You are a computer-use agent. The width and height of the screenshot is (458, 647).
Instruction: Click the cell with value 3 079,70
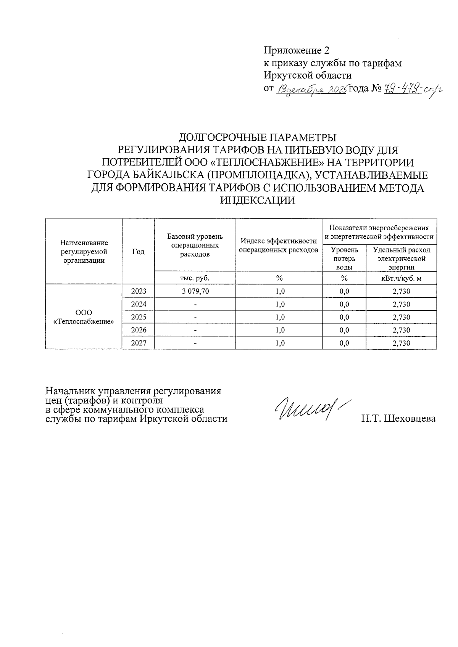click(x=195, y=291)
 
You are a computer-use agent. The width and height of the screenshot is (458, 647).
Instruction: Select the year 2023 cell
click(x=139, y=291)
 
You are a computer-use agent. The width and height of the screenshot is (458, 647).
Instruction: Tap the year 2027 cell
click(x=139, y=343)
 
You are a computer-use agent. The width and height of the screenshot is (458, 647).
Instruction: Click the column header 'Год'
click(x=138, y=251)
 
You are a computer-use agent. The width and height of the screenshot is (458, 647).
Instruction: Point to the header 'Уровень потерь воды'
click(x=344, y=258)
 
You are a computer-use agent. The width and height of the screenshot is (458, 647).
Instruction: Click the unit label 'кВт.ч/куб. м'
click(x=401, y=278)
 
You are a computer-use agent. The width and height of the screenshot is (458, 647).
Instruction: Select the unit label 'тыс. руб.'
click(x=195, y=278)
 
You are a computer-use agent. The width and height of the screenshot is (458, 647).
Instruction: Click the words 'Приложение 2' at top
click(x=296, y=50)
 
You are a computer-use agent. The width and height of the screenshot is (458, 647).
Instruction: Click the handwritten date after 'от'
click(x=311, y=90)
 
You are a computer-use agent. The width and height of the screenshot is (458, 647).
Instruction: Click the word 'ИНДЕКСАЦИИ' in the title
click(x=258, y=200)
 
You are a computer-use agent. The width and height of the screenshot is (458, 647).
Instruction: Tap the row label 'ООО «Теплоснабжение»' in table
click(x=84, y=317)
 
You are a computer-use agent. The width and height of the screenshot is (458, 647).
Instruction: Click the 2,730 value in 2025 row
click(x=401, y=317)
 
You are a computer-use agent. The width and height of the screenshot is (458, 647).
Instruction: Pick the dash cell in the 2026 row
click(x=195, y=330)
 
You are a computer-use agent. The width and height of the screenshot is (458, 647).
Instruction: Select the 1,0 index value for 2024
click(x=279, y=304)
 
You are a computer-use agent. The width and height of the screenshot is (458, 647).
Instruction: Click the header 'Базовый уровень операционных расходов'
click(x=195, y=245)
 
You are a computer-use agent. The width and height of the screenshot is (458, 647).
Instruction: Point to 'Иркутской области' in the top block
click(x=308, y=75)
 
